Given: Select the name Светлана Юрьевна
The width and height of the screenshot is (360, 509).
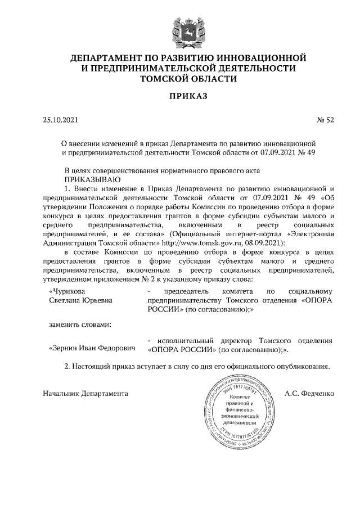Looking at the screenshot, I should tap(81, 300).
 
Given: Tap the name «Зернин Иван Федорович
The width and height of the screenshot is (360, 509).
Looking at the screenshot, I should tap(92, 348).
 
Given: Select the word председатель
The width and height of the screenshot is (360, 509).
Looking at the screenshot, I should tap(186, 291).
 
